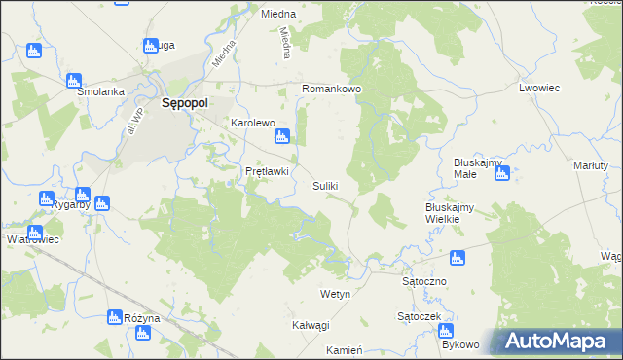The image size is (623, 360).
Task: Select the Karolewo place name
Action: point(252,124)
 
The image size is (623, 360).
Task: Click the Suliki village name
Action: point(325,186)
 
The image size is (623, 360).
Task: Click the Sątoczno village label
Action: point(423,280)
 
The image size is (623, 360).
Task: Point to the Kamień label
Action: point(345,349)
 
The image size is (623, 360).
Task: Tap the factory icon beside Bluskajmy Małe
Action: point(501,174)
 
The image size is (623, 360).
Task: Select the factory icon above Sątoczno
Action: point(457,258)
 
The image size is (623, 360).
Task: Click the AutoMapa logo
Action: point(557,341)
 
